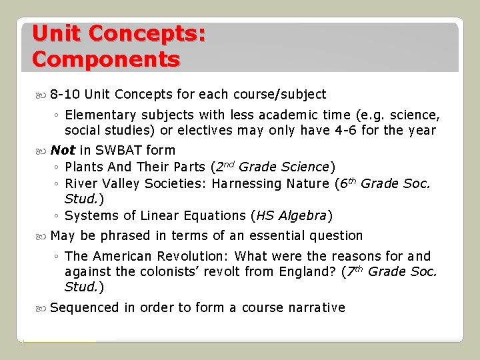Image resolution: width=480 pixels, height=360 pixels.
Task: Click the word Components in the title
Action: click(x=105, y=59)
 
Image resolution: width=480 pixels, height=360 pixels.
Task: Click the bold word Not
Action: click(x=62, y=150)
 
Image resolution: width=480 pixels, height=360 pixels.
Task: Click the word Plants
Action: click(x=84, y=167)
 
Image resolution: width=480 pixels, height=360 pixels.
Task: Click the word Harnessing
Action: click(x=246, y=183)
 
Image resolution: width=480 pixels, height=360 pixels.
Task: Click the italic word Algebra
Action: click(x=303, y=215)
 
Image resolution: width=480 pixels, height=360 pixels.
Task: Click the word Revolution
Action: click(x=194, y=256)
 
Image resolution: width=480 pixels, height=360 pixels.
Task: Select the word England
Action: click(x=305, y=272)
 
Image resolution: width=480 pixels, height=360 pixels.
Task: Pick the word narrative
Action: click(x=317, y=307)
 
